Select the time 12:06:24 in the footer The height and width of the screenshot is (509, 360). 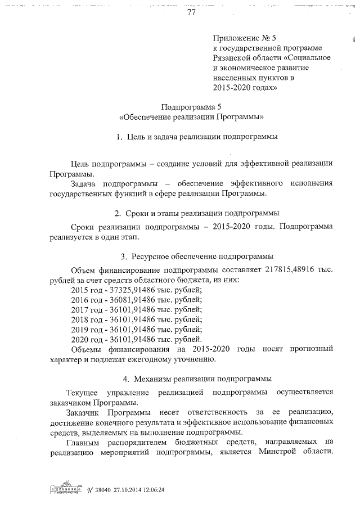pos(154,489)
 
